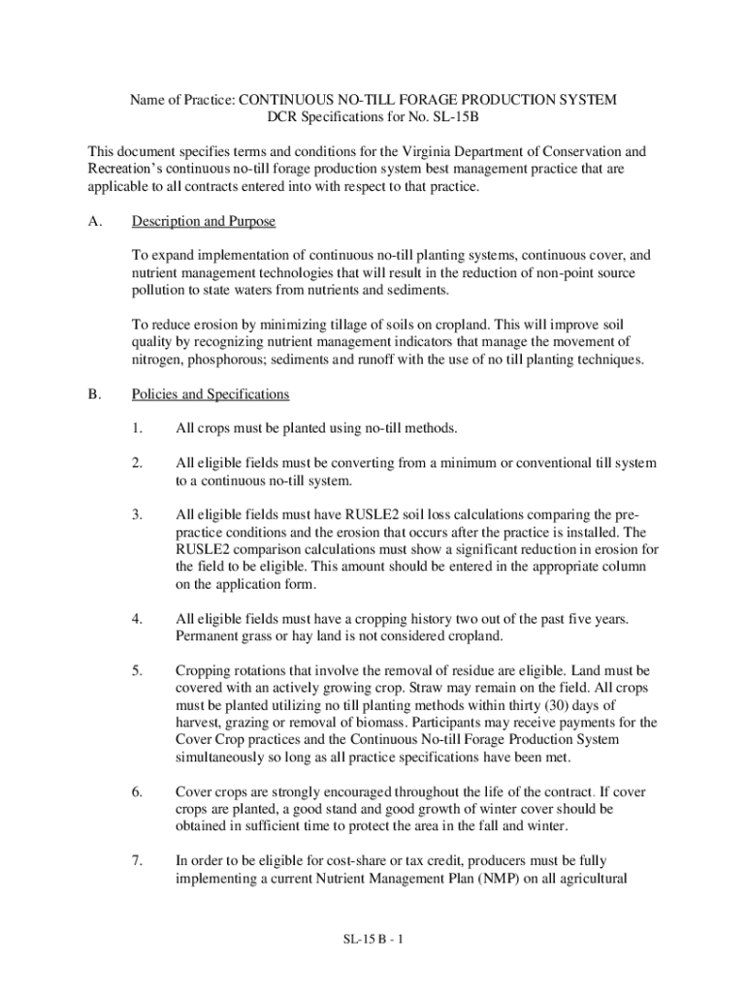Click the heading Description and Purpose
click(x=204, y=222)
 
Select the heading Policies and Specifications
click(x=211, y=395)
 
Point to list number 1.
click(x=138, y=429)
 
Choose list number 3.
click(x=138, y=515)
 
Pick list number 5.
click(x=138, y=670)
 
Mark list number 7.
click(x=138, y=860)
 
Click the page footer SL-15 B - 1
click(x=373, y=940)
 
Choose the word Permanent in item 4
click(x=208, y=635)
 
